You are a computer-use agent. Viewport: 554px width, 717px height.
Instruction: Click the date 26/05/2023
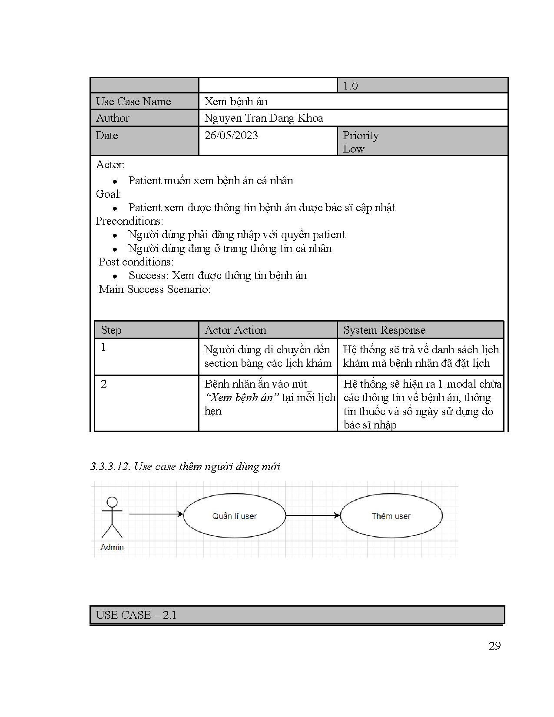[231, 136]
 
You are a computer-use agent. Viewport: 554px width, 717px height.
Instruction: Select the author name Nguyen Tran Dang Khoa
[264, 118]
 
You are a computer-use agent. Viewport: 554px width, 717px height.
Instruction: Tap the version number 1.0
[350, 86]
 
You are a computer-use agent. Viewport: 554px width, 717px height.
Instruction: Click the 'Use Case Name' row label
[133, 102]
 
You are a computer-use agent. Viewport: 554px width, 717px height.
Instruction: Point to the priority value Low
[354, 149]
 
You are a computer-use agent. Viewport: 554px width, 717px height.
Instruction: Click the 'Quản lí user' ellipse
[235, 516]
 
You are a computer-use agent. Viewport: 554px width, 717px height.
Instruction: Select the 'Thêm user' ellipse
[391, 516]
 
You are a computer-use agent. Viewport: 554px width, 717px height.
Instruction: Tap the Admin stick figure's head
[112, 502]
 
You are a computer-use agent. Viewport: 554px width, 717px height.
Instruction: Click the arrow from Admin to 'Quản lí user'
[156, 515]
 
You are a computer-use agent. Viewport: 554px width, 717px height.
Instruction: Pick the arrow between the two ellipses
[313, 515]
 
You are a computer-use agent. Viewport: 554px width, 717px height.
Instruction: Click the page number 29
[494, 646]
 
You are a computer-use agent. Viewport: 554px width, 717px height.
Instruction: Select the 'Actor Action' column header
[235, 330]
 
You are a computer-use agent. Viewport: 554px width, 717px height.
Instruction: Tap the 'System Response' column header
[384, 330]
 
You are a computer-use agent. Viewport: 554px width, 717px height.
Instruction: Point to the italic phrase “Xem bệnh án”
[242, 398]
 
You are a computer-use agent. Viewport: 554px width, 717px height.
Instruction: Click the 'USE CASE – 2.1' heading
[136, 615]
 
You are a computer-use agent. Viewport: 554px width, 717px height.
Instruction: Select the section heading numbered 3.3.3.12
[185, 467]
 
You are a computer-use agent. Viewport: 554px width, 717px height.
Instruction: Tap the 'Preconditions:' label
[129, 221]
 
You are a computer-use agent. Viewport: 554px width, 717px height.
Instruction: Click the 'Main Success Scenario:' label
[155, 289]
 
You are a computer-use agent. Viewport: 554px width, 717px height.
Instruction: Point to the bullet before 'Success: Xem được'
[115, 276]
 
